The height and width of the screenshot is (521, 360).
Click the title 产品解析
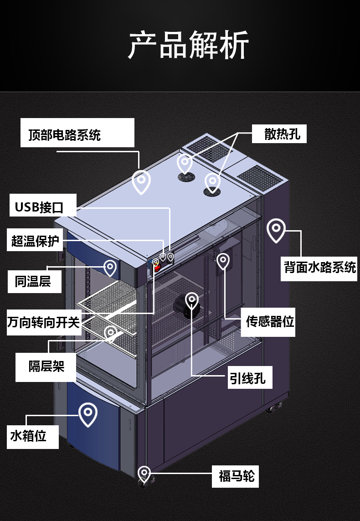point(188,45)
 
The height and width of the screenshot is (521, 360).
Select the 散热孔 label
point(282,134)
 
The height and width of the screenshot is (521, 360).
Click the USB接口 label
point(39,207)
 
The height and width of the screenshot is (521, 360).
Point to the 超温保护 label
point(36,241)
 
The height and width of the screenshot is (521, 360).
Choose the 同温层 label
point(32,281)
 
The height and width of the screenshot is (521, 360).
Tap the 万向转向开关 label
point(44,323)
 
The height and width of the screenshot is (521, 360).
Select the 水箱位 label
point(29,436)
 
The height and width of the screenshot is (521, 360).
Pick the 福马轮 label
point(237,477)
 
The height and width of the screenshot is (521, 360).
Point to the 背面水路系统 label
point(320,267)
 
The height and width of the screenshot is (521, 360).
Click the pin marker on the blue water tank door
point(88,413)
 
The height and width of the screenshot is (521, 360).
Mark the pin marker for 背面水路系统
point(276,230)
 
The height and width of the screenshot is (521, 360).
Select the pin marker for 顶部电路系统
point(141,181)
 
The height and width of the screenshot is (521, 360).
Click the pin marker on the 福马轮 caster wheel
point(144,473)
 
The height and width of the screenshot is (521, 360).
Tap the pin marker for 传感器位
point(223,261)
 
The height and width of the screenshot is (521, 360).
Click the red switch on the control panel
point(156,268)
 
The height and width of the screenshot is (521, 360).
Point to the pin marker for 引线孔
point(192,300)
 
